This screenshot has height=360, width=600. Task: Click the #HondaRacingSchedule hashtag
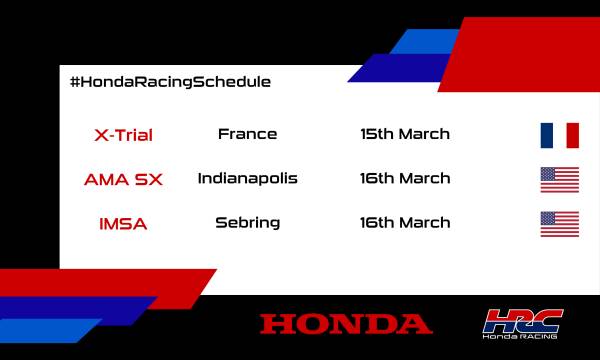coord(170,81)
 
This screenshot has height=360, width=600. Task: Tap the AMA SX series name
coord(123,180)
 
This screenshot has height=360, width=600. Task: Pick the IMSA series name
coord(123,224)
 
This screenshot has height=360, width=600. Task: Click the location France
coord(247,134)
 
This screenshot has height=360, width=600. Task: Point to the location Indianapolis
coord(247,179)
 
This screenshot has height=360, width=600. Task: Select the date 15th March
coord(405,134)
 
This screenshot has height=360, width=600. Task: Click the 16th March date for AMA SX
coord(405,179)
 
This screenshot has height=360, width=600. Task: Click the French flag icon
coord(559,135)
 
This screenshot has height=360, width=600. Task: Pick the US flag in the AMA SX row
coord(559,180)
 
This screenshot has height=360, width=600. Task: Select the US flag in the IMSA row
coord(559,224)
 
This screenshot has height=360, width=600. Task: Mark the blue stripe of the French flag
coord(546,135)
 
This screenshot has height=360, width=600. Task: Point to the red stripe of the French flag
coord(572,135)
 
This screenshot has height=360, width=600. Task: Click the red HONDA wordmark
coord(346,323)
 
